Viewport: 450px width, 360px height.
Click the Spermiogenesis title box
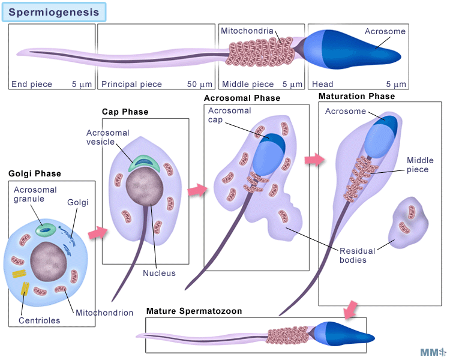click(x=55, y=11)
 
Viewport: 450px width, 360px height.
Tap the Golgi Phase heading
click(x=35, y=174)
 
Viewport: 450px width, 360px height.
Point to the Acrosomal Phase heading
click(x=242, y=98)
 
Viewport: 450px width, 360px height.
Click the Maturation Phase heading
click(x=356, y=96)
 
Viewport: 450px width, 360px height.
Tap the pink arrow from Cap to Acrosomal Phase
click(x=196, y=191)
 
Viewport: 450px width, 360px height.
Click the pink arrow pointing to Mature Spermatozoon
click(x=349, y=311)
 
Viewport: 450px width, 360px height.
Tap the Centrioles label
click(x=40, y=320)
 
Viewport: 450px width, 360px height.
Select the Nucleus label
click(x=159, y=273)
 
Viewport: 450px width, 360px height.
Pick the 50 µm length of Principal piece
click(x=200, y=85)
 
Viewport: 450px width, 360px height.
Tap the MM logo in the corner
click(x=433, y=352)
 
